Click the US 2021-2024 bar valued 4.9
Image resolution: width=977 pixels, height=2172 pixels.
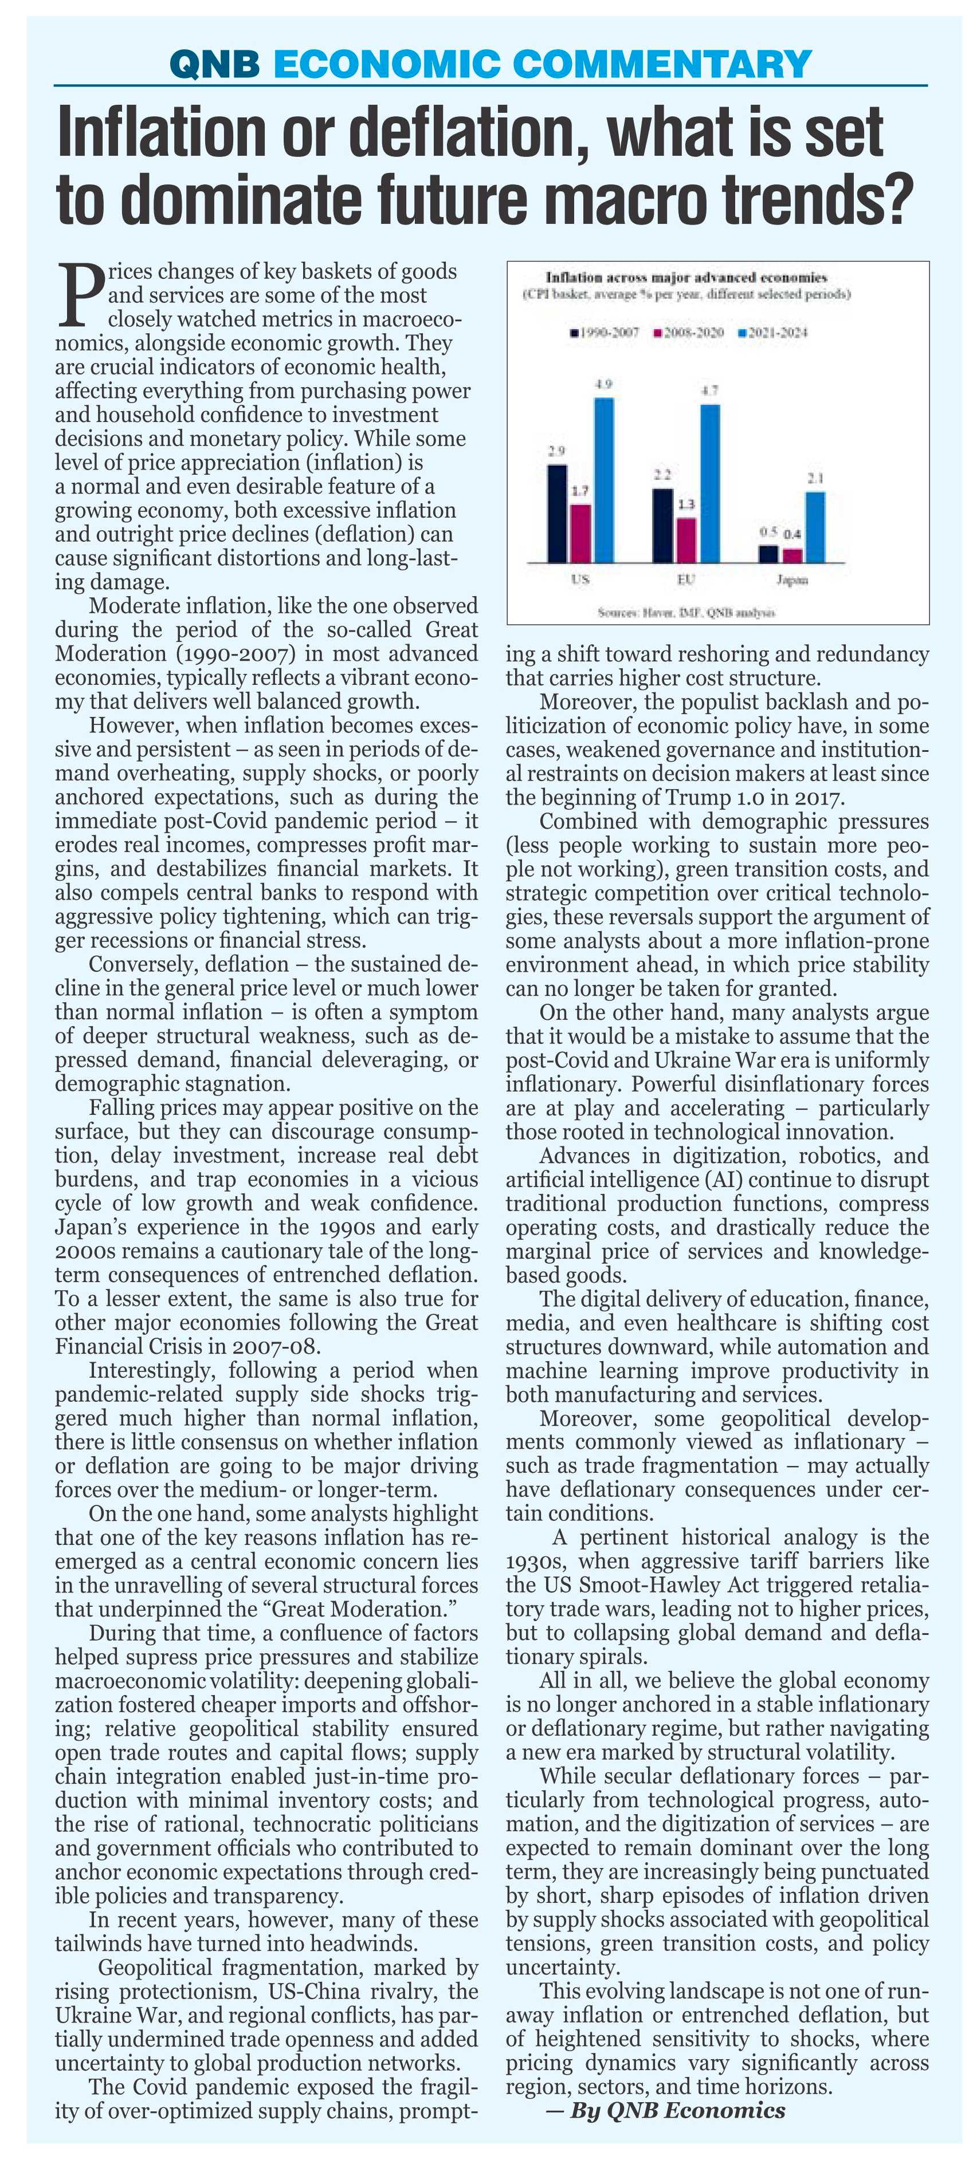point(603,479)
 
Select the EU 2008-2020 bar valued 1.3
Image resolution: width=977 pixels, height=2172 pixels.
point(687,539)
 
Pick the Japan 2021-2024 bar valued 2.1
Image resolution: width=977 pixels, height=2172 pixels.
point(814,526)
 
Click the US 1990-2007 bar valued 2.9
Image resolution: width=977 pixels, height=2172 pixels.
point(557,513)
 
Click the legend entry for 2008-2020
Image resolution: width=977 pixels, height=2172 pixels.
point(689,332)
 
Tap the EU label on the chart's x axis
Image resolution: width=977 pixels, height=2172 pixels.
point(686,580)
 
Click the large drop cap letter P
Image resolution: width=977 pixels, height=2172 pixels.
point(80,295)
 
